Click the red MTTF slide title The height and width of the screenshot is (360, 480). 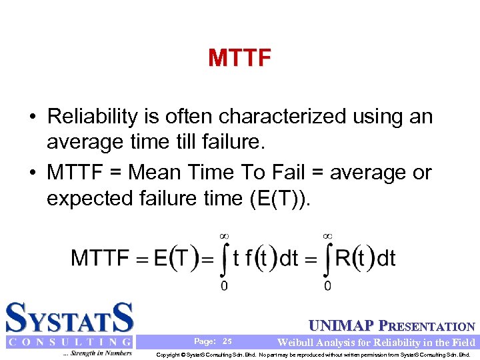coord(239,59)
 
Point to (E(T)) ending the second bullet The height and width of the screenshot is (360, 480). coord(277,198)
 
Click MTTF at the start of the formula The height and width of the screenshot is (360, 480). coord(101,259)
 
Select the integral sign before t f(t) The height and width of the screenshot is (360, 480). coord(223,260)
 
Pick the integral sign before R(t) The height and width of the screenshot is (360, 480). coord(327,260)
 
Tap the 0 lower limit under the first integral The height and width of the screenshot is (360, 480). coord(224,285)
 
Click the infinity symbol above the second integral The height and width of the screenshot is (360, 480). coord(328,235)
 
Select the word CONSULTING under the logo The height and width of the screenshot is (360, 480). coord(69,342)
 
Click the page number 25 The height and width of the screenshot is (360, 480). coord(227,341)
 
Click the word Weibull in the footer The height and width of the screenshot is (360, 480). coord(297,342)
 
